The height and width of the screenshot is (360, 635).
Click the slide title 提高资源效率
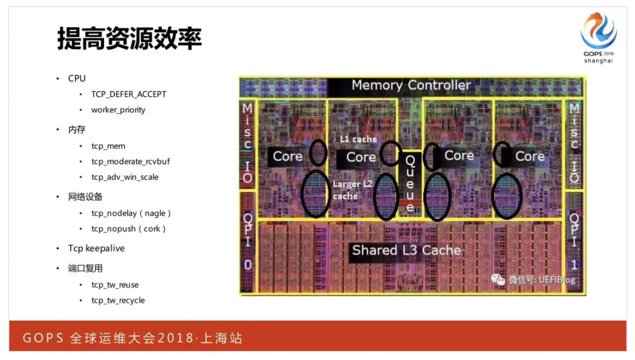coord(129,38)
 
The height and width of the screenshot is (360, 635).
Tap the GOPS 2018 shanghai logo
coord(598,37)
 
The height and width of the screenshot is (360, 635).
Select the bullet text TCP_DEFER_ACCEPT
coord(129,94)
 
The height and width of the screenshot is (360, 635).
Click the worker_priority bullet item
coord(118,110)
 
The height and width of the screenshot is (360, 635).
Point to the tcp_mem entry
coord(108,146)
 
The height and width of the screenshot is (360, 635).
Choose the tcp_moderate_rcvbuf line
coord(130,162)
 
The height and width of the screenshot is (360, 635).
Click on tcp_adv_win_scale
coord(125,177)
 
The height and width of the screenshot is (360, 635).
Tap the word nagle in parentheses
coord(155,213)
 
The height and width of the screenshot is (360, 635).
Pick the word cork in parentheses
coord(152,229)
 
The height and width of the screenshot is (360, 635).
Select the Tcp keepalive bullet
coord(96,248)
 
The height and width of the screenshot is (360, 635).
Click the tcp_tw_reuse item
coord(115,285)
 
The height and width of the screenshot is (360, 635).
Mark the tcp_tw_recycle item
coord(118,300)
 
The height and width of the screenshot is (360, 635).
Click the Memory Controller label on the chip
coord(411,85)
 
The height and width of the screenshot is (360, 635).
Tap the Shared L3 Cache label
coord(406,250)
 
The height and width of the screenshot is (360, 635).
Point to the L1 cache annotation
coord(358,139)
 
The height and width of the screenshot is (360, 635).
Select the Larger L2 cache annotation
coord(352,190)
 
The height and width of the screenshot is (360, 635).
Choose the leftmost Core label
coord(287,156)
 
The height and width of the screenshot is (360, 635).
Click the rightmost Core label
coord(530,156)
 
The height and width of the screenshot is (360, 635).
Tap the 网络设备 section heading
coord(85,197)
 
